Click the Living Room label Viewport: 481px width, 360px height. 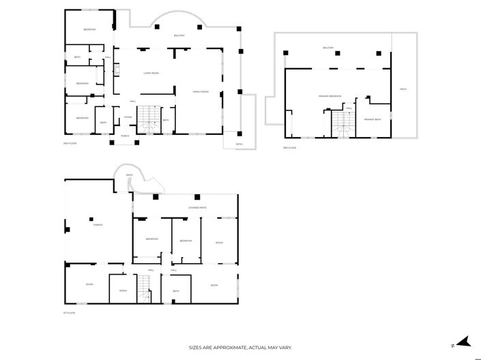[151, 73]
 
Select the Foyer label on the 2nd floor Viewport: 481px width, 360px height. [128, 117]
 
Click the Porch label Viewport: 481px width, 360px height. [125, 136]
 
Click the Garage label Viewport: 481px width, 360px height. [98, 224]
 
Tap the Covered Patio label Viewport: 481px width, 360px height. [197, 207]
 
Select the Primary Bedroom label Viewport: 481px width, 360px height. [330, 96]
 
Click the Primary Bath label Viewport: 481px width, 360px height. [373, 119]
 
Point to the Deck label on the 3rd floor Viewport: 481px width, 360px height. [403, 89]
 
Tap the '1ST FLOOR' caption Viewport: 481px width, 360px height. [69, 313]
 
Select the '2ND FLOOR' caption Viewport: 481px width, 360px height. [69, 144]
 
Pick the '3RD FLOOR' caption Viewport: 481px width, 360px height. [289, 148]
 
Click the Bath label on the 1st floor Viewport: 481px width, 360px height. [175, 291]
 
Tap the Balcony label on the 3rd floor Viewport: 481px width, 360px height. [329, 48]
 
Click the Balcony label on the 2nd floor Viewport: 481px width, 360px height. [179, 35]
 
